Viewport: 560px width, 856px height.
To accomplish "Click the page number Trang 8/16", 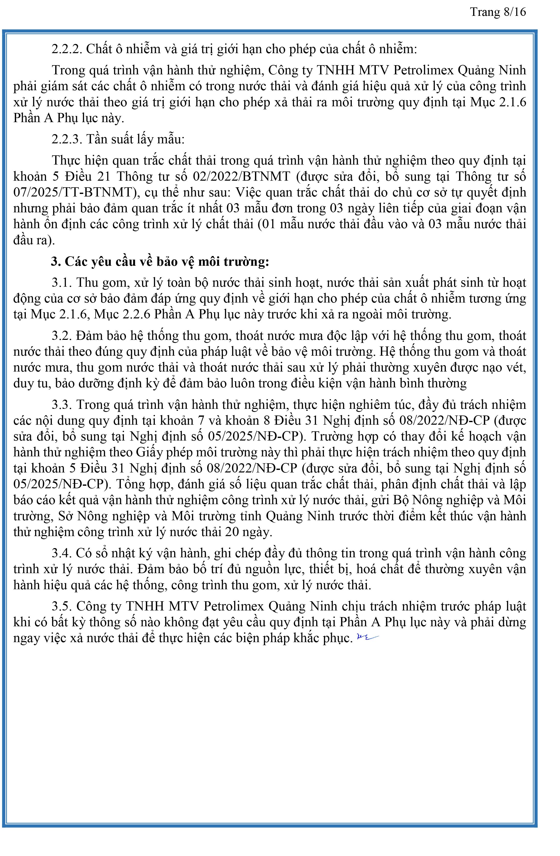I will [498, 12].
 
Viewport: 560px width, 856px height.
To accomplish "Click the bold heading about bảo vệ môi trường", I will [160, 261].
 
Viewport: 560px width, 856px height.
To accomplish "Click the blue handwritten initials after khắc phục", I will [367, 637].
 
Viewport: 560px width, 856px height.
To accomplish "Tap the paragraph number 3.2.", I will [62, 336].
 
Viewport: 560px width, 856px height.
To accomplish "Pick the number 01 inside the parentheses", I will [269, 224].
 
